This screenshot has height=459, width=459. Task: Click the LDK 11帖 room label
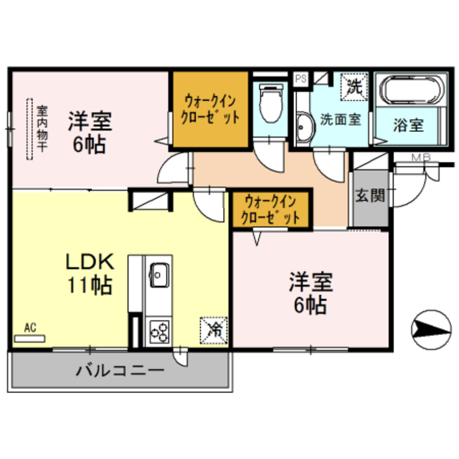tap(89, 273)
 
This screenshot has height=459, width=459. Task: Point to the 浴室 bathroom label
tap(408, 124)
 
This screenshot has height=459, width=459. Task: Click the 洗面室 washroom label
tap(340, 120)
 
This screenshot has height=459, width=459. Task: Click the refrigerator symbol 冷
tap(214, 329)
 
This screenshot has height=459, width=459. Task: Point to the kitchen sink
tap(158, 273)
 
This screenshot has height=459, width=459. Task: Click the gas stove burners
tap(158, 331)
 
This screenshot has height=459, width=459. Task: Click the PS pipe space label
tap(301, 77)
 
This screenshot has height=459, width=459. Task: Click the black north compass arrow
tap(428, 329)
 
